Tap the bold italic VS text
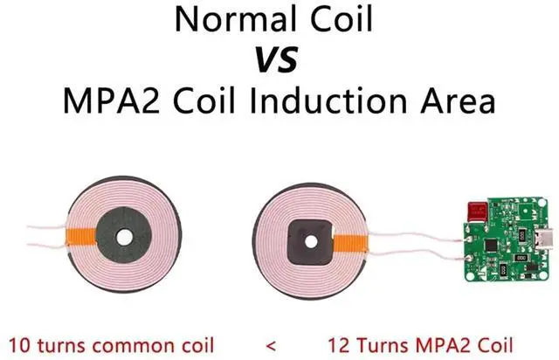[x=277, y=60]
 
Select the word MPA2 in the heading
[x=111, y=101]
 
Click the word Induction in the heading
[x=328, y=101]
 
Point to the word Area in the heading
[x=458, y=101]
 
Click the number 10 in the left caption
[x=19, y=345]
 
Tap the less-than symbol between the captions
[x=271, y=346]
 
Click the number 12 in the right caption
[x=339, y=345]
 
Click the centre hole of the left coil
[x=124, y=238]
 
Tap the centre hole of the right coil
[x=311, y=242]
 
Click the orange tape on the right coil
[x=350, y=243]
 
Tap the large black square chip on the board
[x=492, y=245]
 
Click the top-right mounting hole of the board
[x=542, y=203]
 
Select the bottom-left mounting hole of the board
[x=471, y=276]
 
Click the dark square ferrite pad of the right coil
[x=311, y=242]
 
